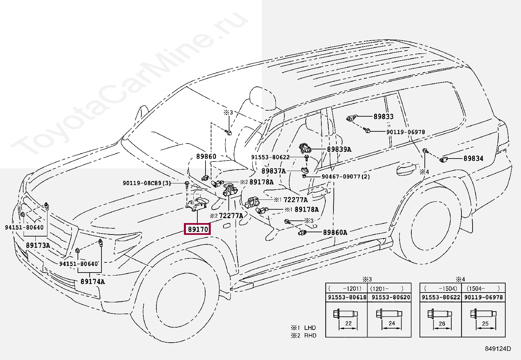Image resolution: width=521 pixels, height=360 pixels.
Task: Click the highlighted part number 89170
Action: pos(198,229)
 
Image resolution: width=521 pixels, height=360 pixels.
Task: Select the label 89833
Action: pos(384,117)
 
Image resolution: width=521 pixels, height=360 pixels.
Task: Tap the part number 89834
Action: pos(473,159)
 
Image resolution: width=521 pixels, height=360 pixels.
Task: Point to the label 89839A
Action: pos(339,149)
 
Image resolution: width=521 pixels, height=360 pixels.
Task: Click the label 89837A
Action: pos(274,171)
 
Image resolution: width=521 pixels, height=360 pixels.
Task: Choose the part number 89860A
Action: pos(335,233)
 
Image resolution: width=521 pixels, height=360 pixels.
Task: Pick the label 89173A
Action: pos(38,245)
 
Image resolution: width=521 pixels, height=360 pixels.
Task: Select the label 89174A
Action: pos(93,282)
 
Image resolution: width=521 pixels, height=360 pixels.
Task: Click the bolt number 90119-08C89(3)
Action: pos(147,183)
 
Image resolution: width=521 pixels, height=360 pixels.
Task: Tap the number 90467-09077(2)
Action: pos(346,177)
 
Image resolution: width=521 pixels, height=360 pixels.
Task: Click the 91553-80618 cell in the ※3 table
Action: pos(347,297)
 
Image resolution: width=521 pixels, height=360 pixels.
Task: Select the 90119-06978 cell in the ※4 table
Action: pos(483,297)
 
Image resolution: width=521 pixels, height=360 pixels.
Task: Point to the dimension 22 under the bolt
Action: pos(348,323)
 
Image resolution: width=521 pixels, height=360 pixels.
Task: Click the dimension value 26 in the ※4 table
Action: pos(442,323)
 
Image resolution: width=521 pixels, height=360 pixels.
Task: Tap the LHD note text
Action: pos(310,328)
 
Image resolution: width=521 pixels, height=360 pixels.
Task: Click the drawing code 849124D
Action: pos(498,349)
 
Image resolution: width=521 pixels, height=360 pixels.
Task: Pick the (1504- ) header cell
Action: pos(483,289)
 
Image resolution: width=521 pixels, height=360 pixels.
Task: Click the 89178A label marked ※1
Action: pos(306,209)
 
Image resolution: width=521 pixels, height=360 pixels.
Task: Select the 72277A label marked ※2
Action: pos(231,216)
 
